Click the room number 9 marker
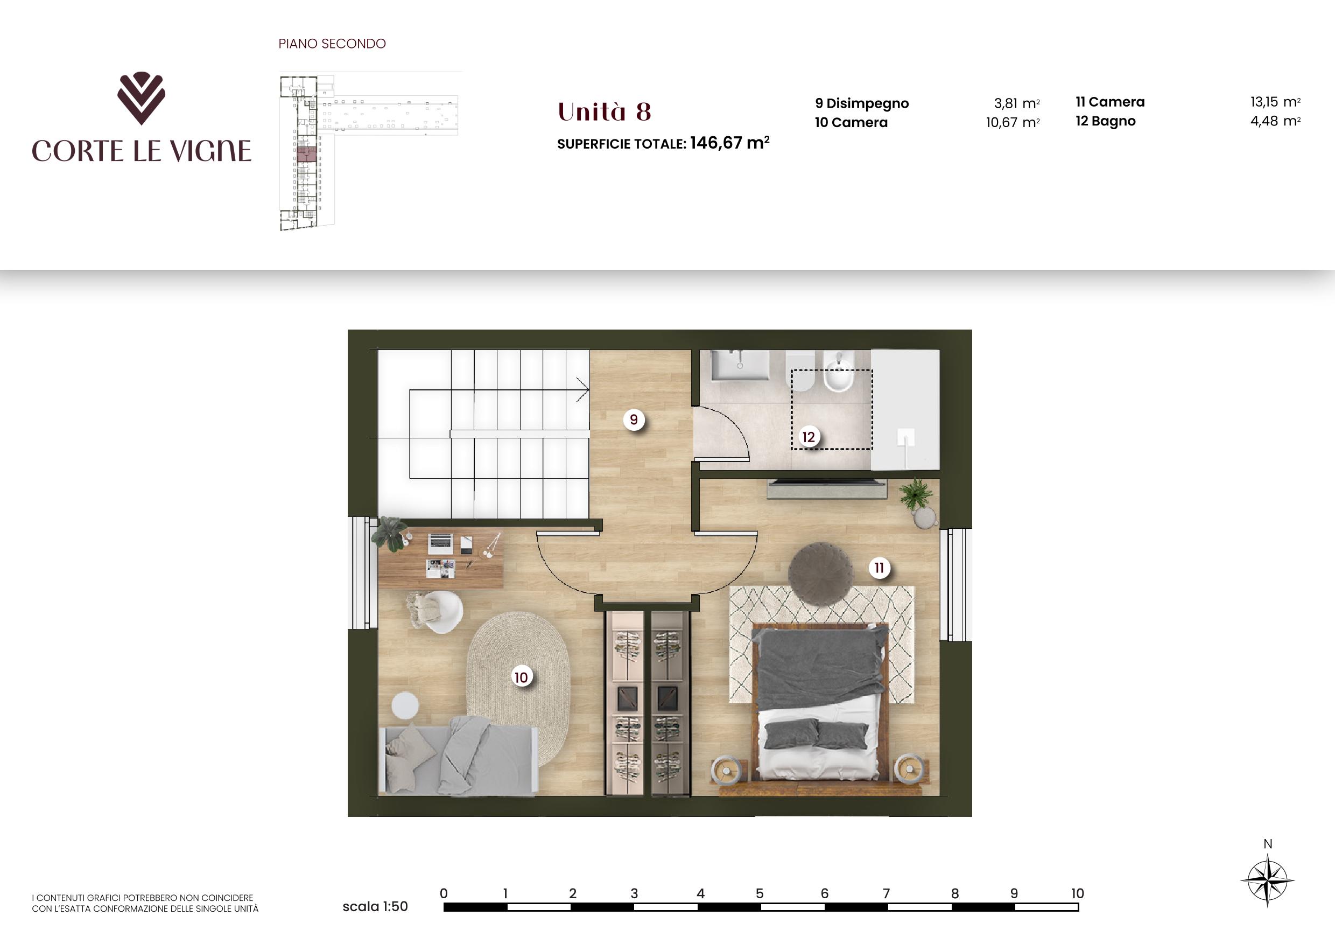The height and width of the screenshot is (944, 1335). [634, 419]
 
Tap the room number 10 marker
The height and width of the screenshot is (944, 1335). [521, 677]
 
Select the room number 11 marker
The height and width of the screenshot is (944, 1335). [879, 568]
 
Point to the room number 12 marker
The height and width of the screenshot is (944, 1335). [809, 437]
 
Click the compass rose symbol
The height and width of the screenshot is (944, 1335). [1268, 880]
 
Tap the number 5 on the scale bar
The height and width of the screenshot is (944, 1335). [760, 893]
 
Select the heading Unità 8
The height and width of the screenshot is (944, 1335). [604, 111]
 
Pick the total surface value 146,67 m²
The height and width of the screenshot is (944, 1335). [730, 143]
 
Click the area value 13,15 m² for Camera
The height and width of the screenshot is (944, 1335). [1275, 102]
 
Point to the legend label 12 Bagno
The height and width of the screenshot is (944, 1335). [1105, 121]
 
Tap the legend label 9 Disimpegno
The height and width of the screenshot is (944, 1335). [862, 103]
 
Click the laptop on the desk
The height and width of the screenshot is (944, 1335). [440, 543]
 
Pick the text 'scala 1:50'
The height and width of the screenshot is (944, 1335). [375, 906]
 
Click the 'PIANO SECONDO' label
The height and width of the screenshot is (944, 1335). [332, 44]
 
